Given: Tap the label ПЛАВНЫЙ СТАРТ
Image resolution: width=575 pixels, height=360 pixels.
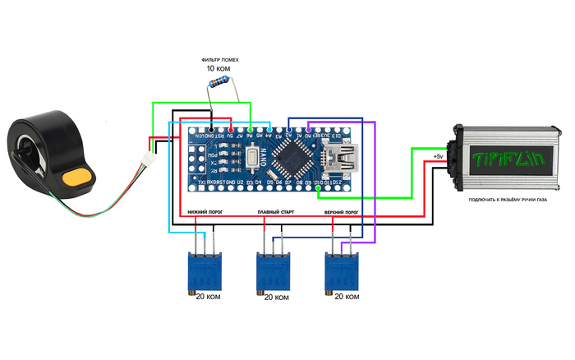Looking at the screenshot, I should pos(276,212).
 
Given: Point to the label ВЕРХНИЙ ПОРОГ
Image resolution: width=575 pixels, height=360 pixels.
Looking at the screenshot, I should pos(342,212).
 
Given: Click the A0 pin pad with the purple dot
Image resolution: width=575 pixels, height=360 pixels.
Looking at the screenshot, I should pos(308,127).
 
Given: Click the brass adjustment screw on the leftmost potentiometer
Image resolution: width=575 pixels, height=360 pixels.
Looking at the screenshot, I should pos(188,293).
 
